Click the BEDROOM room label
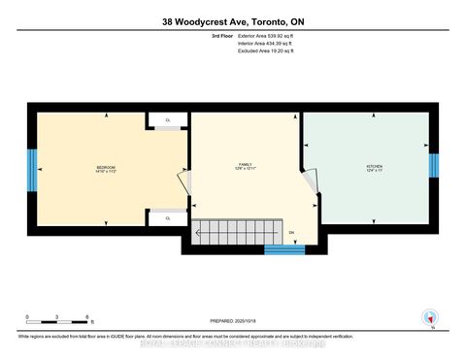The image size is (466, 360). click(106, 170)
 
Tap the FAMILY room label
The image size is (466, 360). click(247, 167)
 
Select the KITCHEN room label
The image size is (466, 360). click(375, 169)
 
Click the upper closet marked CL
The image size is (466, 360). click(168, 120)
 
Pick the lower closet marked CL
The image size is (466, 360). click(168, 219)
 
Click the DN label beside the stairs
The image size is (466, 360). click(290, 233)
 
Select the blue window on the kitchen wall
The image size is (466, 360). click(434, 167)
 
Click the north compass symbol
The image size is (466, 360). click(426, 316)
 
